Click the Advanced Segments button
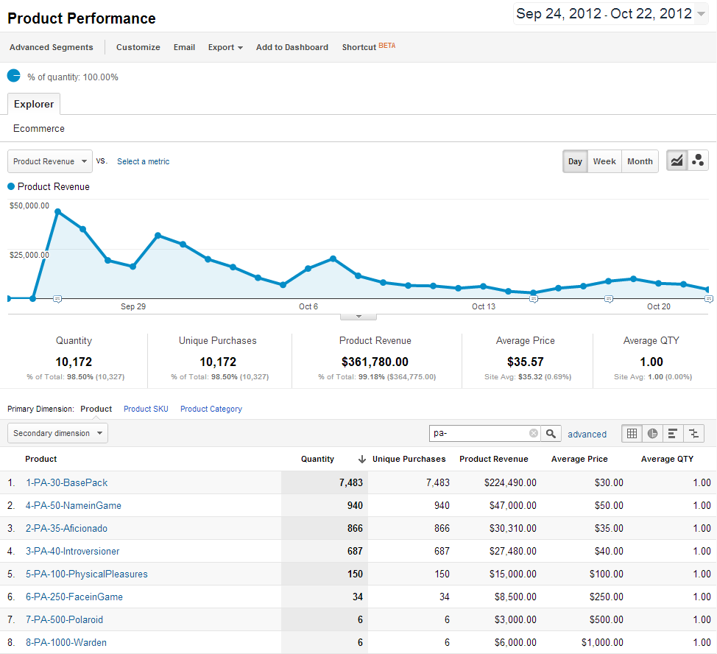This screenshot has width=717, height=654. coord(52,47)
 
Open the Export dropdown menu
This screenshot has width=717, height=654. coord(225,47)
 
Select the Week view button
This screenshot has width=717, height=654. coord(604,161)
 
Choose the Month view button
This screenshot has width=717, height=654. coord(640,161)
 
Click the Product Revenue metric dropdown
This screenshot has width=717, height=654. coord(50,161)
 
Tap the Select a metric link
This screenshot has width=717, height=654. coord(143,161)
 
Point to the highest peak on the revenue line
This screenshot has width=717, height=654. coord(57,211)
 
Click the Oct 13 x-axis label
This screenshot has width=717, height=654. coord(484,306)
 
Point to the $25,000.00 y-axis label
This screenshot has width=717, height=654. coord(29,255)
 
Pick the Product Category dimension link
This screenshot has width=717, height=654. coord(211,409)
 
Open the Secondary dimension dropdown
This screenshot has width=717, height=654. coord(57,433)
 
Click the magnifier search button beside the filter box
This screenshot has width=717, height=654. coord(551,433)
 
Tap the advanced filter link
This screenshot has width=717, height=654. coord(587,435)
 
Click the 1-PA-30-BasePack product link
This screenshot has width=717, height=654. coord(66,482)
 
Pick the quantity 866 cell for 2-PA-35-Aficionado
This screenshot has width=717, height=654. coord(353,528)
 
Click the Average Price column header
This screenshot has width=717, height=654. coord(579,459)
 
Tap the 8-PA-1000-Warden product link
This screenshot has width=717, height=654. coord(66,642)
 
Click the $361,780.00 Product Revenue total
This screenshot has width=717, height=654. coord(375,362)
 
